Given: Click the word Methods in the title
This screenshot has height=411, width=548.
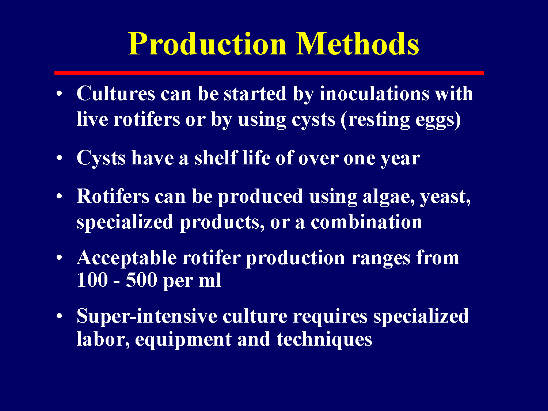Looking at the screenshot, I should [x=357, y=44].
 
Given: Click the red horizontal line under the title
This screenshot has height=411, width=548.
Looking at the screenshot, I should [x=269, y=73].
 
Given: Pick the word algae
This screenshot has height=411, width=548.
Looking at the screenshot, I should [x=388, y=197].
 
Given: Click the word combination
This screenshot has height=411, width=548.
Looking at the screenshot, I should [x=366, y=222].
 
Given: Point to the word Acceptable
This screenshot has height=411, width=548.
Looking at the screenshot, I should [x=127, y=258].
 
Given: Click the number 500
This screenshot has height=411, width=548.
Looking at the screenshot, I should [x=141, y=281].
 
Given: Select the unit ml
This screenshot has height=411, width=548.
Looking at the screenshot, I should [x=210, y=281].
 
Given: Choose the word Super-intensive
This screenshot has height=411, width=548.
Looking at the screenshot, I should [x=147, y=316].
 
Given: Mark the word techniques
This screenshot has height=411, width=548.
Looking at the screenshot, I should [x=324, y=340].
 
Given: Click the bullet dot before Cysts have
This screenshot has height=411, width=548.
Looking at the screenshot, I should [x=59, y=158].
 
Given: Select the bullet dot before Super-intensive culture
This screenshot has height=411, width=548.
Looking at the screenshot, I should [x=59, y=316].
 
